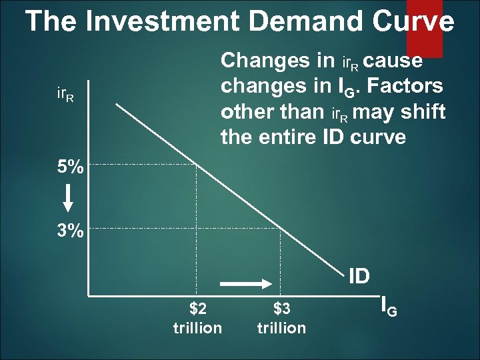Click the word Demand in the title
coord(304,21)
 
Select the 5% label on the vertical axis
coord(70,167)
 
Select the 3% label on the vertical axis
coord(70,231)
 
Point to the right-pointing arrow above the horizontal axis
coord(243,284)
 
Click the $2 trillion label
coord(197,318)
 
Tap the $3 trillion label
coord(281,318)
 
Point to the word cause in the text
coord(394,61)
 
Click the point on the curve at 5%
coord(197,161)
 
